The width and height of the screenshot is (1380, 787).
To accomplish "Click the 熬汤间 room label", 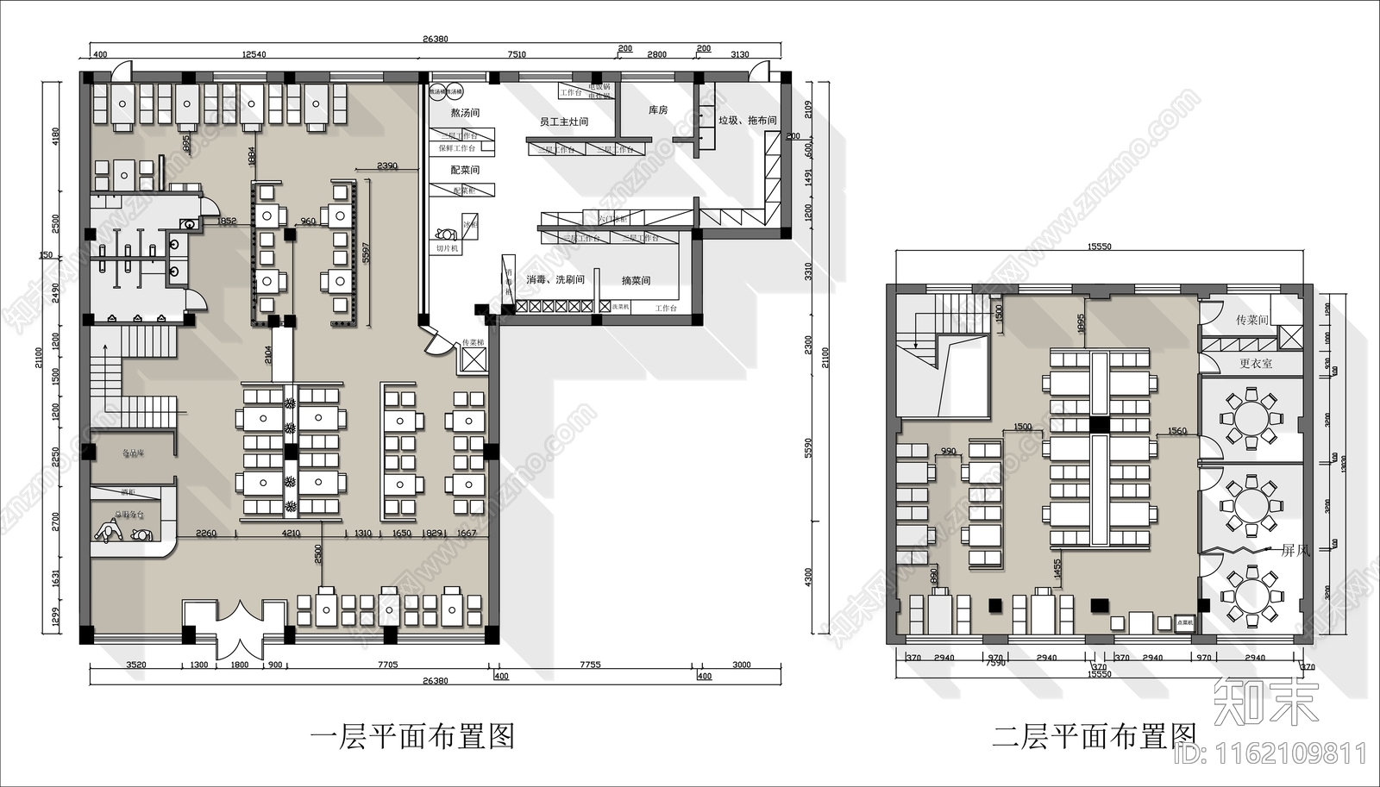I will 465,113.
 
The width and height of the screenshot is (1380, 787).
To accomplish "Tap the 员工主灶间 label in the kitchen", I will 564,122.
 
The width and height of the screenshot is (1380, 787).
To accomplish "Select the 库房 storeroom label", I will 658,110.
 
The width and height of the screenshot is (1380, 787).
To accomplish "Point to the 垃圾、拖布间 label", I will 748,121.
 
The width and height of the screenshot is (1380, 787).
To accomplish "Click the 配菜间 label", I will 465,171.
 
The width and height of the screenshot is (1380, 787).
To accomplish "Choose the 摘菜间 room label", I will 636,281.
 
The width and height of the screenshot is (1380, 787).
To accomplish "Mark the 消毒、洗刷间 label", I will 556,280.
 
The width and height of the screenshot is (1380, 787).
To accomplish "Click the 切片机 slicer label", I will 447,248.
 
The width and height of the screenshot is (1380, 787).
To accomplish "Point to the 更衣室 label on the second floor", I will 1256,364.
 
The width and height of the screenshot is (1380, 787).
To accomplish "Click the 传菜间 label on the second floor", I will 1251,321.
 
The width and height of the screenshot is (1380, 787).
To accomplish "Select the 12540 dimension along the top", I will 254,54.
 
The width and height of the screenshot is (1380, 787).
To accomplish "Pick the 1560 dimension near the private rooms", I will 1176,431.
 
